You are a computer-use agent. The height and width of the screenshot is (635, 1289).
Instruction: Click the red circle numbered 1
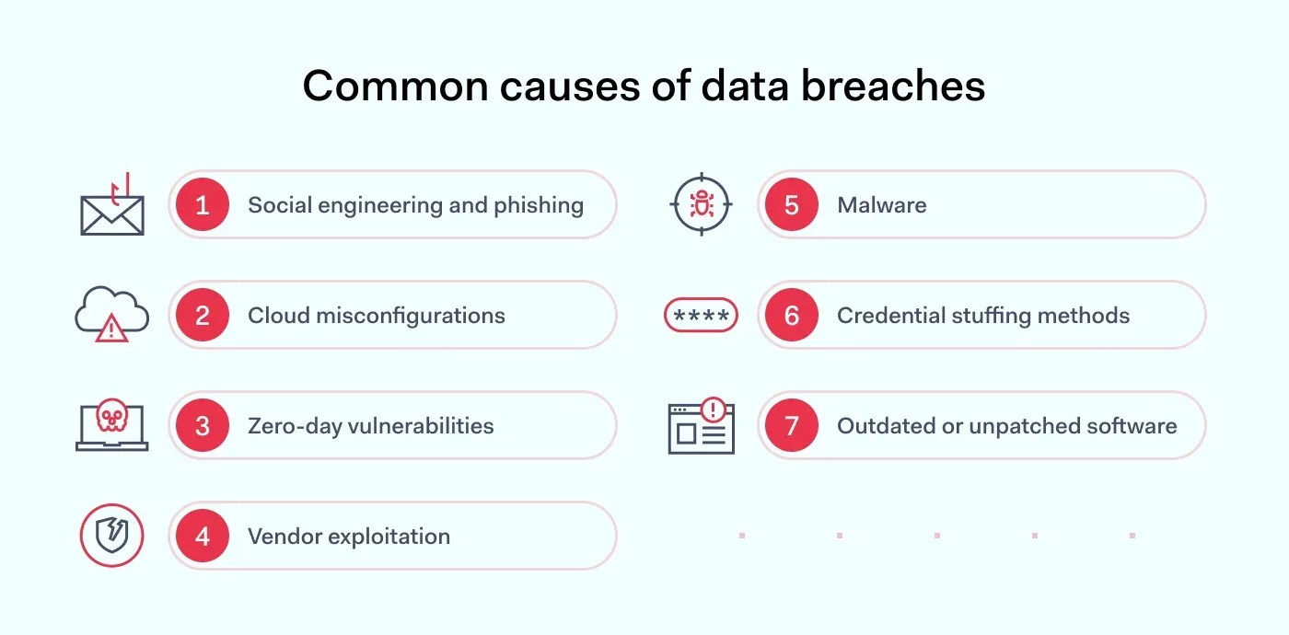(x=203, y=204)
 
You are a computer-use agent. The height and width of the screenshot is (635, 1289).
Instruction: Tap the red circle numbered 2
(x=203, y=315)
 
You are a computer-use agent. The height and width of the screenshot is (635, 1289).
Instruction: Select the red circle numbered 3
(x=203, y=425)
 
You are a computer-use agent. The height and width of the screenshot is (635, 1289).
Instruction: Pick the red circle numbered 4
(x=203, y=536)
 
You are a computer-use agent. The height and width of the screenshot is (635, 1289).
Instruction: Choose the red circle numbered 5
(x=792, y=204)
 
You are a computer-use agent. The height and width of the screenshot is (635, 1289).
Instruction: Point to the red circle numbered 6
(x=792, y=315)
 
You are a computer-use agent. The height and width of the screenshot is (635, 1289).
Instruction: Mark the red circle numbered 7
(x=792, y=425)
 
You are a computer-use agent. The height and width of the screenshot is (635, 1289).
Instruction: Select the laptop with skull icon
(x=111, y=424)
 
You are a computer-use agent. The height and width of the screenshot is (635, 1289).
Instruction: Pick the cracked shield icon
(x=111, y=536)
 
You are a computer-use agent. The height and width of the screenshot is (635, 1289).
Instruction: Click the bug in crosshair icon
(x=701, y=204)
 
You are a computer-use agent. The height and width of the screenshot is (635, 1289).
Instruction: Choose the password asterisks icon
(x=701, y=316)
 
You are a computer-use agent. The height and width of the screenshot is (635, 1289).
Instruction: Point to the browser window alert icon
(x=701, y=426)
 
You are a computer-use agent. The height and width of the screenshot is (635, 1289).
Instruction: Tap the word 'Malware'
(x=881, y=205)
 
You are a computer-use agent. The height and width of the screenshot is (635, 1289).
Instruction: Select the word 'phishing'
(x=539, y=205)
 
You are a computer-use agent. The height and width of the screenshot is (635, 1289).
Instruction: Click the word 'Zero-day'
(x=290, y=426)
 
